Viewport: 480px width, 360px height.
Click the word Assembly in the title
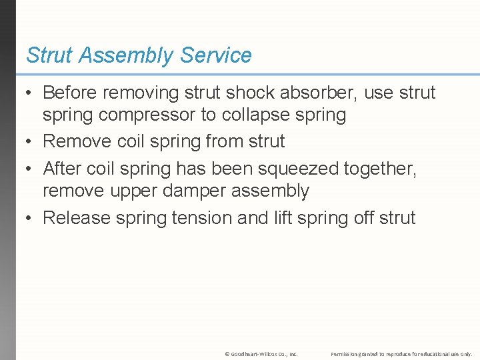(x=125, y=55)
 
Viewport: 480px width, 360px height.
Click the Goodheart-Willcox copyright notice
(x=261, y=353)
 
